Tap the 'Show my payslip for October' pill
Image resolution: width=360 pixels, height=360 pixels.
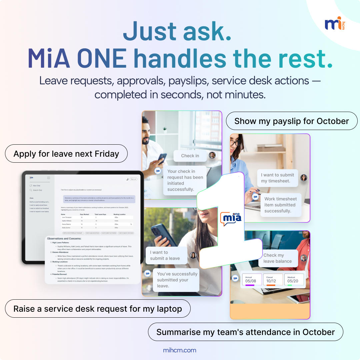tap(292, 121)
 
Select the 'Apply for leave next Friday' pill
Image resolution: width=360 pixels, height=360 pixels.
tap(66, 154)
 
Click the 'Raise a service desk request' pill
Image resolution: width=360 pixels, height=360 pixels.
tap(98, 309)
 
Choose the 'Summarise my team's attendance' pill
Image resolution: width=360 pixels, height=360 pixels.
tap(245, 332)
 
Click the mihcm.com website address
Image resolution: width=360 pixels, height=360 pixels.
tap(180, 350)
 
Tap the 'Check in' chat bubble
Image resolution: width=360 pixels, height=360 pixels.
tap(190, 156)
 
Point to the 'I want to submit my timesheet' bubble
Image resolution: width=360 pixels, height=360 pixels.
tap(277, 178)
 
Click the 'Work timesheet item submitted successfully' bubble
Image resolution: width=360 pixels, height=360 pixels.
tap(280, 205)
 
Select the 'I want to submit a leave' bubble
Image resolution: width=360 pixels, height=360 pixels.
tap(166, 255)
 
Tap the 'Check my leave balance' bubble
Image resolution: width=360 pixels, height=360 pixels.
tap(277, 258)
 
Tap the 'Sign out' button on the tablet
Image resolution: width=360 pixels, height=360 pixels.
tap(133, 179)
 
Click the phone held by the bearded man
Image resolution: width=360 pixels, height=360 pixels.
tap(162, 159)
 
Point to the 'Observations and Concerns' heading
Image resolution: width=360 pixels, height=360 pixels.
tap(64, 239)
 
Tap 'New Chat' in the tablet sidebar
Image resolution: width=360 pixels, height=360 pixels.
tap(37, 186)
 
